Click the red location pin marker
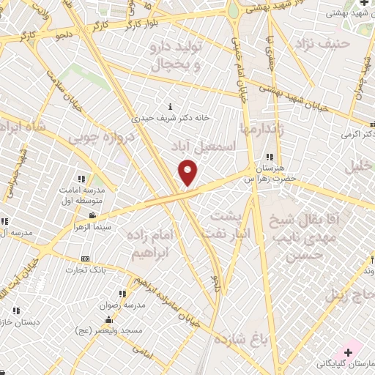[188, 173]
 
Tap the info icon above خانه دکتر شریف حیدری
[171, 105]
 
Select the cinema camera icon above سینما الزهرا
[92, 216]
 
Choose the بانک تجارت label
[86, 270]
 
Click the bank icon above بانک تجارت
[86, 259]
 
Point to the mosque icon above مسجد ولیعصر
[109, 319]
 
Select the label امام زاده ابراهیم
[150, 244]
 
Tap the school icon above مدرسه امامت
[81, 179]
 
